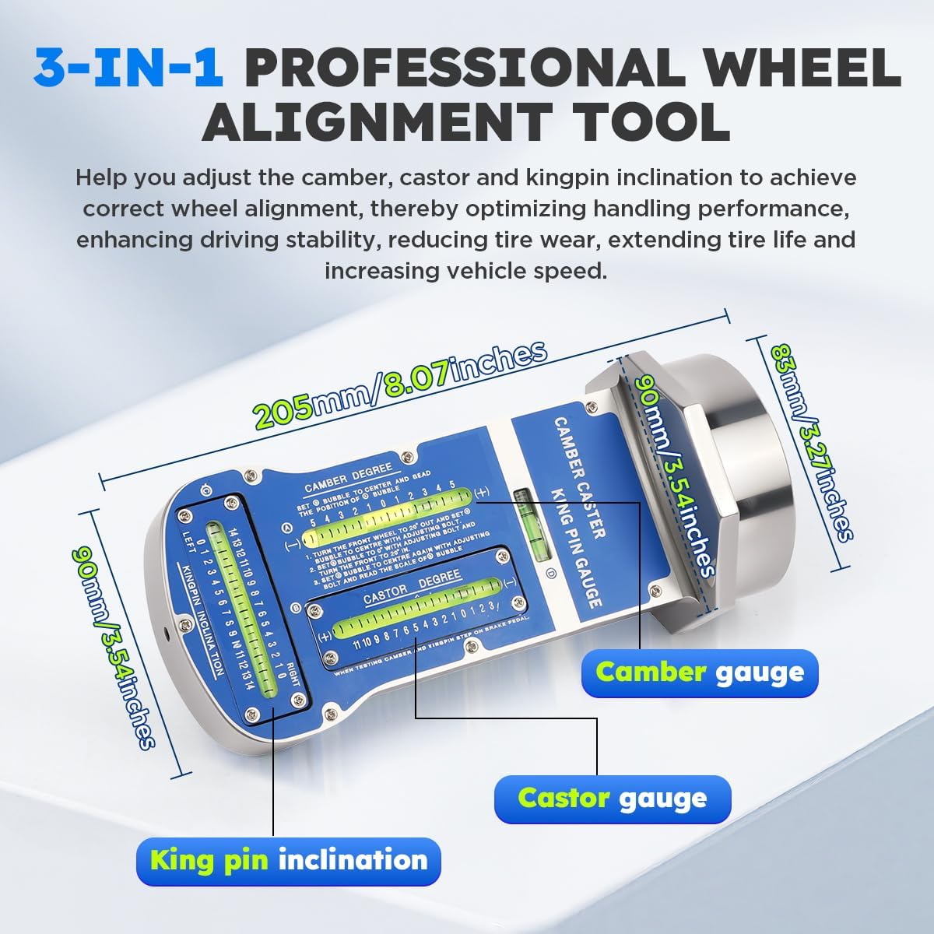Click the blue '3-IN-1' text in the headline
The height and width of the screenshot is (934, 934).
point(128,68)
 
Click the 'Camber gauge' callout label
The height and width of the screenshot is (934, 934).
point(699,672)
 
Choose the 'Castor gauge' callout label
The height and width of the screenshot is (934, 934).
point(613,798)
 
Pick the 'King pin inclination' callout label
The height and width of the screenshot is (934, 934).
point(289,860)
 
